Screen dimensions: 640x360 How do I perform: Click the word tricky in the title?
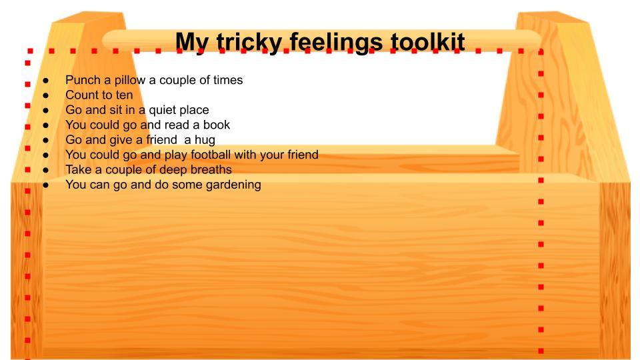(x=249, y=43)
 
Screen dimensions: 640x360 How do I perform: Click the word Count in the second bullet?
(x=83, y=95)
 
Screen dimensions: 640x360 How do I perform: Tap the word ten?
(x=124, y=95)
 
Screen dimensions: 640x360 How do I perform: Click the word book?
(x=217, y=125)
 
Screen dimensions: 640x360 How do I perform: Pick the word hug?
(x=205, y=141)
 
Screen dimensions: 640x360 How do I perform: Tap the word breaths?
(x=211, y=170)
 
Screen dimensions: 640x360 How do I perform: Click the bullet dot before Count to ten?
(x=46, y=96)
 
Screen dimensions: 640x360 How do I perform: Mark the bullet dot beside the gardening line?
(x=46, y=185)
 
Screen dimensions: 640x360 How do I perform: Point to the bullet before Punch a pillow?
(x=46, y=81)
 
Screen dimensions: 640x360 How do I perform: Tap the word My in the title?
(x=193, y=43)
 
